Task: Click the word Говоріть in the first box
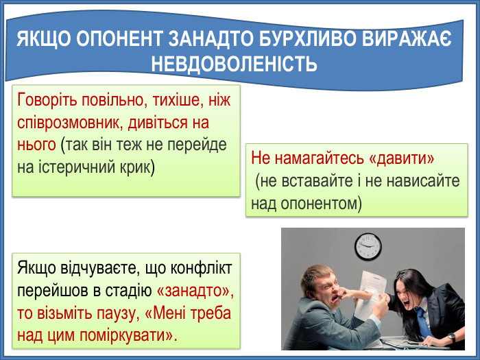(46, 100)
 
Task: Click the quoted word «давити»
(402, 158)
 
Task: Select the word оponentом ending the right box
(322, 204)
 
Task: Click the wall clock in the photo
(368, 245)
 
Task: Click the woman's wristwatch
(451, 337)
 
